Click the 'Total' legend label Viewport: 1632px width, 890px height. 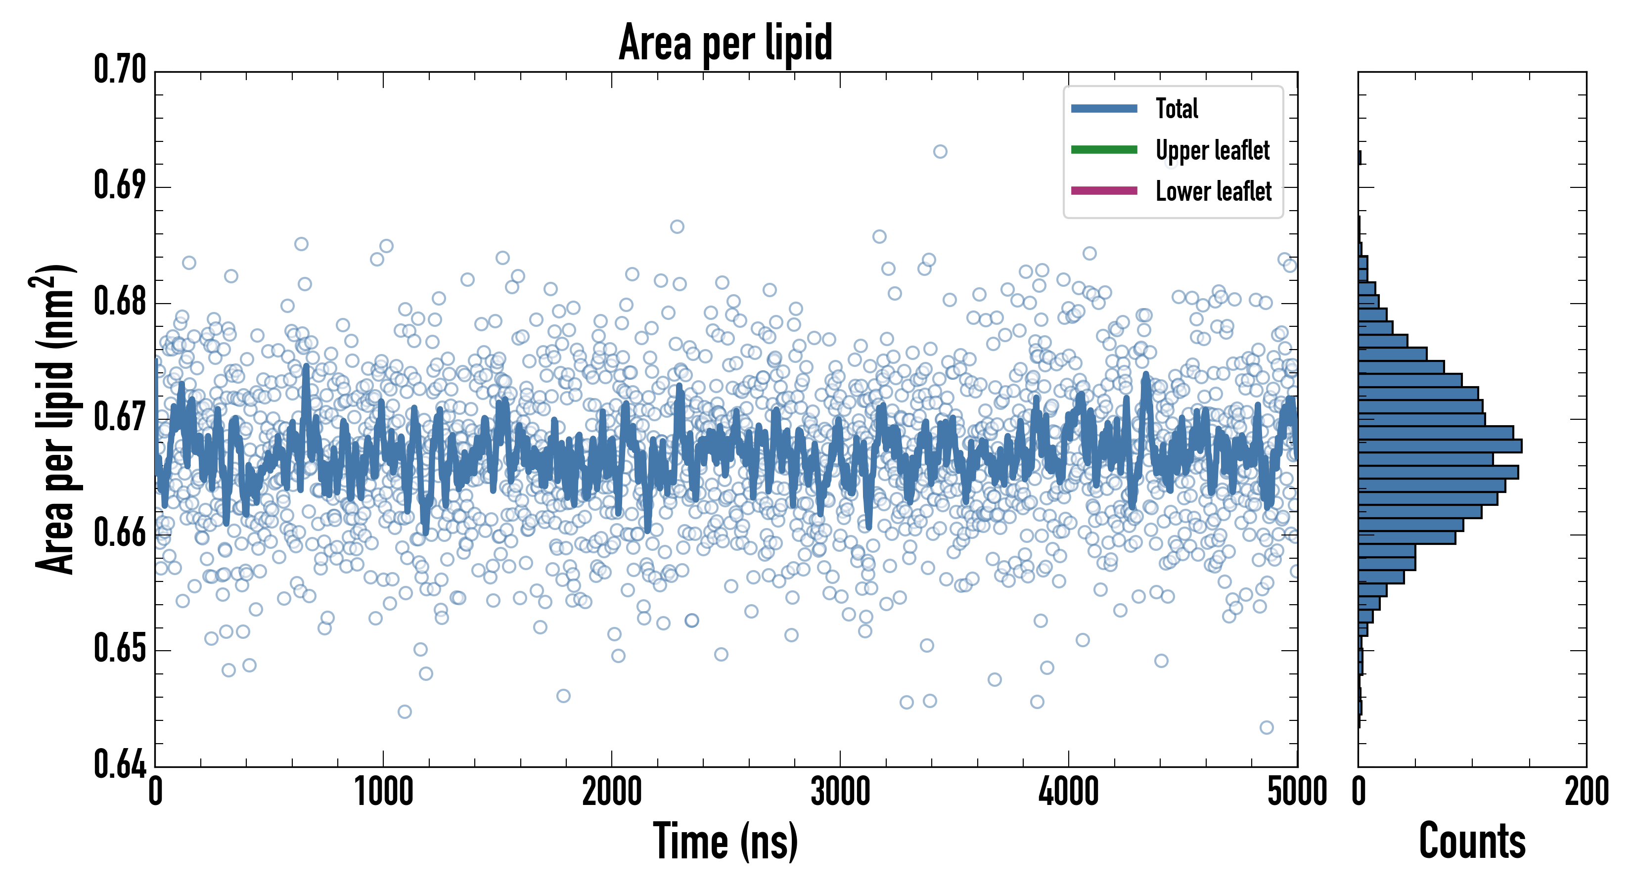(1177, 108)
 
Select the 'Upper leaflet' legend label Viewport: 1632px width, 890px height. (1212, 150)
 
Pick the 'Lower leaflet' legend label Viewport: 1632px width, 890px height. (1213, 191)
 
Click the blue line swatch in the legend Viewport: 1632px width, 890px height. (1104, 108)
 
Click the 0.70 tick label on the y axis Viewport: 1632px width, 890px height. (120, 70)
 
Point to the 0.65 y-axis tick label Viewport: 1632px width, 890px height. (120, 649)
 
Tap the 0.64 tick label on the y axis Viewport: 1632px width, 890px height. (120, 764)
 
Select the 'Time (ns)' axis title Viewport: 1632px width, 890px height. (725, 841)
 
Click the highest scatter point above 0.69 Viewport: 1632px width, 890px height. (940, 151)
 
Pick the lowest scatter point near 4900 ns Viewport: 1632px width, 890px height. (1267, 727)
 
